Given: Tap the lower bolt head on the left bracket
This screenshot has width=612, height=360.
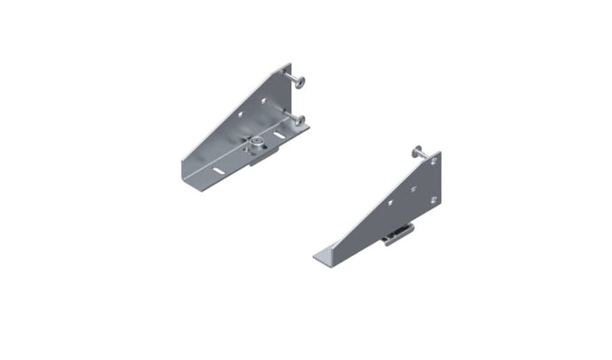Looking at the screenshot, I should (x=301, y=120).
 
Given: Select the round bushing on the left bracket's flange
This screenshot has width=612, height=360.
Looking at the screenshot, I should (x=255, y=143).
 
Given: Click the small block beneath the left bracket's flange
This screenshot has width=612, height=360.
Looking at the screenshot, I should (x=255, y=158).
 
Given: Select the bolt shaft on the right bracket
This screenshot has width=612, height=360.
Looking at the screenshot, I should (x=424, y=155).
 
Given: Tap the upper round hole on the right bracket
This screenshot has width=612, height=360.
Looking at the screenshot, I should (x=434, y=161).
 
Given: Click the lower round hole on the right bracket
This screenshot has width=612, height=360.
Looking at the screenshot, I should (x=433, y=200).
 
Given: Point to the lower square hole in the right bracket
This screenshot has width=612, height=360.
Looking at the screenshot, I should (x=391, y=202).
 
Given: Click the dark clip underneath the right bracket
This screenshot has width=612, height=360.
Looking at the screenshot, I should (x=398, y=233).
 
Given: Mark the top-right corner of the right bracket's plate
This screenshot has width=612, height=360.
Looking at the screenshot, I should (x=440, y=153).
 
